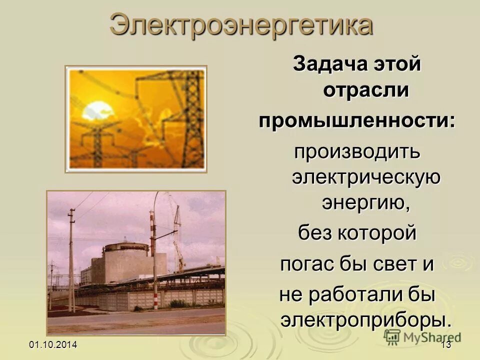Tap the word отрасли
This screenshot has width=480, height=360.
(366, 91)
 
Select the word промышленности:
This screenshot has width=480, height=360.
(357, 122)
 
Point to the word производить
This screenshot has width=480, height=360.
(357, 152)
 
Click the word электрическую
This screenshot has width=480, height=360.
(366, 178)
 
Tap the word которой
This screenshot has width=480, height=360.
(378, 233)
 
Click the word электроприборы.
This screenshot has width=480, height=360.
(366, 320)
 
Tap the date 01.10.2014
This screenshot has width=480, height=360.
(53, 345)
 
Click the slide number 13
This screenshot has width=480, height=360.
(446, 345)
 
